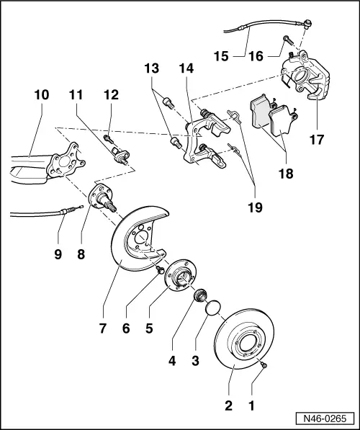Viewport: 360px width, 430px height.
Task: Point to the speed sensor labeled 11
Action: [118, 153]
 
